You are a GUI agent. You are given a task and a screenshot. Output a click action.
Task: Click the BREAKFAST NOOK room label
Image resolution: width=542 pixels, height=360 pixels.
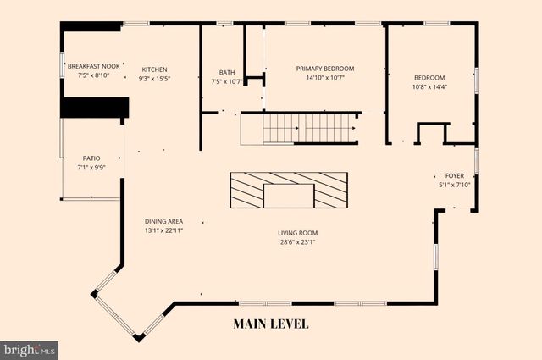pyautogui.click(x=95, y=66)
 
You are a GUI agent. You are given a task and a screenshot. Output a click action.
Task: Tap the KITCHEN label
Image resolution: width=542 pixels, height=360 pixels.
pyautogui.click(x=154, y=69)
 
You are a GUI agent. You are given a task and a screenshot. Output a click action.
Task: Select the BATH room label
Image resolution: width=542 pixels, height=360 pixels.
pyautogui.click(x=227, y=73)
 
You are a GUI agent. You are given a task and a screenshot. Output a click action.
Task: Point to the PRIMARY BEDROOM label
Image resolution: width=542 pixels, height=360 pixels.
pyautogui.click(x=324, y=69)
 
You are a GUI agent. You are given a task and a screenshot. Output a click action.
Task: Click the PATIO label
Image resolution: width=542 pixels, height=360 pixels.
pyautogui.click(x=91, y=158)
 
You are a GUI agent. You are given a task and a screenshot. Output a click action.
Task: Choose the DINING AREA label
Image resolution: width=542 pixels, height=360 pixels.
pyautogui.click(x=163, y=222)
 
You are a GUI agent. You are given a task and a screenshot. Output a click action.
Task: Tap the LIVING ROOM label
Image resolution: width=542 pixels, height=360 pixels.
pyautogui.click(x=302, y=233)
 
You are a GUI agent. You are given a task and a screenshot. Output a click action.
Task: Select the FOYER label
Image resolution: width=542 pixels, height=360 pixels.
pyautogui.click(x=454, y=175)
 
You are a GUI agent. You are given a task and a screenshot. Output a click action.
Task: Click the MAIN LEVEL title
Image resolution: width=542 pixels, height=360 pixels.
pyautogui.click(x=271, y=324)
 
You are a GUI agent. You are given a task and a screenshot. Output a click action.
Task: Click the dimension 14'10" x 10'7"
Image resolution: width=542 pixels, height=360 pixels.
pyautogui.click(x=324, y=78)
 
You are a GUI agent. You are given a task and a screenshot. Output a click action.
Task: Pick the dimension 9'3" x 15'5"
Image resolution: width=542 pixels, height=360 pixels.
pyautogui.click(x=154, y=79)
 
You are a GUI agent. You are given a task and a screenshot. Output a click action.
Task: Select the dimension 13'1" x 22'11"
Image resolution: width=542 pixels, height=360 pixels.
pyautogui.click(x=163, y=230)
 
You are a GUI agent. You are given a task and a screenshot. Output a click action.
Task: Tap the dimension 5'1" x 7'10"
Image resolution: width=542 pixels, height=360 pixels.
pyautogui.click(x=454, y=185)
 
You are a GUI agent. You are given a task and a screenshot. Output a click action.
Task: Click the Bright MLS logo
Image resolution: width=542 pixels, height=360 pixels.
pyautogui.click(x=29, y=349)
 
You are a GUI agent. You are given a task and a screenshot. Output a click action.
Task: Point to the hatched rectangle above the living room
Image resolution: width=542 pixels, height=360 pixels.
pyautogui.click(x=289, y=190)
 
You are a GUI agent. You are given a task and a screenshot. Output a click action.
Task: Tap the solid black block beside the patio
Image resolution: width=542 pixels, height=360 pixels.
pyautogui.click(x=93, y=108)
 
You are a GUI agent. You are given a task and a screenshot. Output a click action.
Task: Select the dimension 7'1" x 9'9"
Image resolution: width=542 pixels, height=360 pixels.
pyautogui.click(x=91, y=168)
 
